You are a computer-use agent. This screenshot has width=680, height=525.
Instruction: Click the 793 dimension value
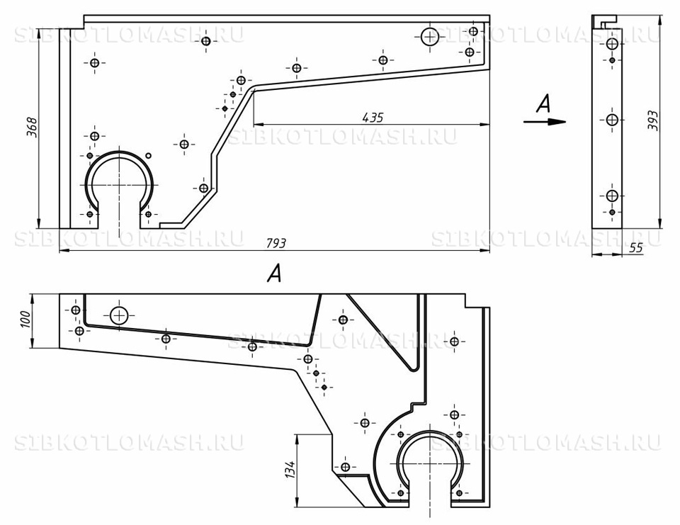276,243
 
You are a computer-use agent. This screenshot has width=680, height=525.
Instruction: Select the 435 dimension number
373,118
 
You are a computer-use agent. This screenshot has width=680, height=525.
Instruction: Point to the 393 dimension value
652,120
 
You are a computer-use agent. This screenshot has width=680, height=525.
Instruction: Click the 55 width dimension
636,248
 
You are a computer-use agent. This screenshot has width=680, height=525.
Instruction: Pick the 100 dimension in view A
25,320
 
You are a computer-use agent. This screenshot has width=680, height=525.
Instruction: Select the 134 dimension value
290,470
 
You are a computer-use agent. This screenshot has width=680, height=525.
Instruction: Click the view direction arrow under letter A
545,121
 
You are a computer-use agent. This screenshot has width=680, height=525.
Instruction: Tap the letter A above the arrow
543,104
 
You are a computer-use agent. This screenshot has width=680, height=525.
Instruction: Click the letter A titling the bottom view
275,274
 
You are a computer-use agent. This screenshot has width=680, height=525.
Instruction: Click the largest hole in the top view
430,37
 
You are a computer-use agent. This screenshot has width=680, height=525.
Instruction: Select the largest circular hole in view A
118,315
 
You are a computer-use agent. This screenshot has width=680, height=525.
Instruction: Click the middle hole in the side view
612,120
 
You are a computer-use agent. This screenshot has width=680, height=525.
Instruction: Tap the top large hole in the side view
612,44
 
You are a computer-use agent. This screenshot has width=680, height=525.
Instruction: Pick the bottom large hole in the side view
612,196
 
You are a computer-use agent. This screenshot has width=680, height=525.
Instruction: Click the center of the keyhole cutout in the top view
119,185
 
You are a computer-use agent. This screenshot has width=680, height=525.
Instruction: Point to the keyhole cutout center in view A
430,463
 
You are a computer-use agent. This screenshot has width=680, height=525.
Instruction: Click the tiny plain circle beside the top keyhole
148,155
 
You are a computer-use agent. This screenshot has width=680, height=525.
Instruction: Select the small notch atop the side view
609,20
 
